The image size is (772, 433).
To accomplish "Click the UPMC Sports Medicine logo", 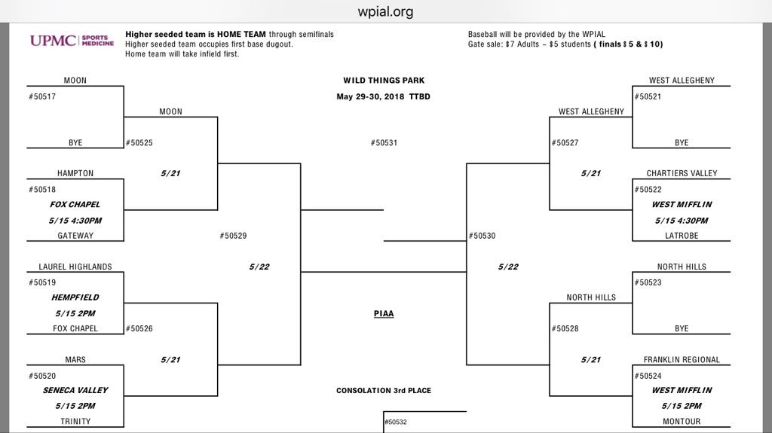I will (72, 41).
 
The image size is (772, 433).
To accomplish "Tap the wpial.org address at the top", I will (385, 11).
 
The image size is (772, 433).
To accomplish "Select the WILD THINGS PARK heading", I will (384, 81).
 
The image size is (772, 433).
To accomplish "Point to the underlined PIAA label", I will (384, 314).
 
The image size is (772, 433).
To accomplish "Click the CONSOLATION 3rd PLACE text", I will (384, 391).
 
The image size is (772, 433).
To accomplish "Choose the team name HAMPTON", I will (75, 173).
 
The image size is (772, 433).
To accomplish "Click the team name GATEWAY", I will (75, 236).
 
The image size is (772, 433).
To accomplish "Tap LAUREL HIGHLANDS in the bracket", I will (75, 267).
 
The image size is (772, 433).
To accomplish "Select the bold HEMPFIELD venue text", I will (75, 297).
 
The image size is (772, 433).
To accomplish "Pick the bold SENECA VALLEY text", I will (75, 391).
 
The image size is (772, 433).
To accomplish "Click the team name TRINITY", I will (75, 422).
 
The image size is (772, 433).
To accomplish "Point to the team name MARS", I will (75, 360).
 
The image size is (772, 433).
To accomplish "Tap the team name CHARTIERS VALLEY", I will (682, 173).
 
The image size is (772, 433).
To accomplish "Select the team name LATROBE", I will (682, 236).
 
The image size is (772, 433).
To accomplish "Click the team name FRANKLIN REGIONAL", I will (682, 360).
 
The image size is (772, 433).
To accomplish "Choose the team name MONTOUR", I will (682, 422).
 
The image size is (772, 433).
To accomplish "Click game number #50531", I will (384, 143).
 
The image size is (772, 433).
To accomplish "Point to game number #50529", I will (233, 236).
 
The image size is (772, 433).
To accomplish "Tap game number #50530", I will (482, 236).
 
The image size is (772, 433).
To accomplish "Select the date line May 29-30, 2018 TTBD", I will (384, 96).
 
